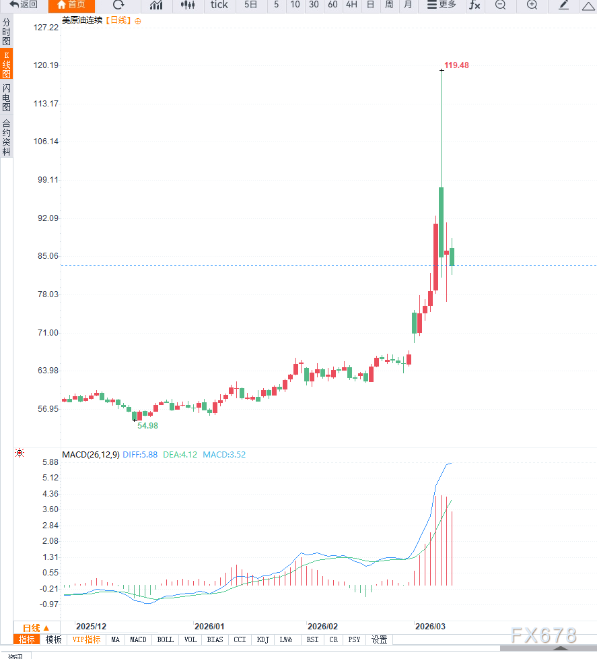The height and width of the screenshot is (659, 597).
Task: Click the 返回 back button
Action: (x=24, y=5)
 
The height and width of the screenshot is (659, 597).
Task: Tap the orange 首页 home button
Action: (x=71, y=5)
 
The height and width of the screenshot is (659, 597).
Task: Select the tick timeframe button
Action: (x=219, y=5)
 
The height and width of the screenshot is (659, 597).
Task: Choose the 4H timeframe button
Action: (x=351, y=5)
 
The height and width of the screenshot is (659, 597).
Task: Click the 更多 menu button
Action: (x=442, y=5)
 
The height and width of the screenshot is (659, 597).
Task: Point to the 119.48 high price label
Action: (x=456, y=65)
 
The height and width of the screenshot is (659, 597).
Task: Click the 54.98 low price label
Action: (x=147, y=426)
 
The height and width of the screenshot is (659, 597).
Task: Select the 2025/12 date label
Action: (x=91, y=626)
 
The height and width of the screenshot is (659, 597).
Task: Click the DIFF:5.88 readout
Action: (x=140, y=455)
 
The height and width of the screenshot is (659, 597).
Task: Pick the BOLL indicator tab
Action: (x=165, y=639)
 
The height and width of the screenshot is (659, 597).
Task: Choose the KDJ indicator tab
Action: (x=263, y=639)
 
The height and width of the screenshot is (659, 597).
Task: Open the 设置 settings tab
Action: (x=380, y=639)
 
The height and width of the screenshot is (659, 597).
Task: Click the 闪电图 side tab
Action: (x=6, y=98)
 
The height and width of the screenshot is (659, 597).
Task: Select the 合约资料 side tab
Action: (x=6, y=137)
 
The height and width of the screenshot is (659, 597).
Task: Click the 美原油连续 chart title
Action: (x=82, y=21)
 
